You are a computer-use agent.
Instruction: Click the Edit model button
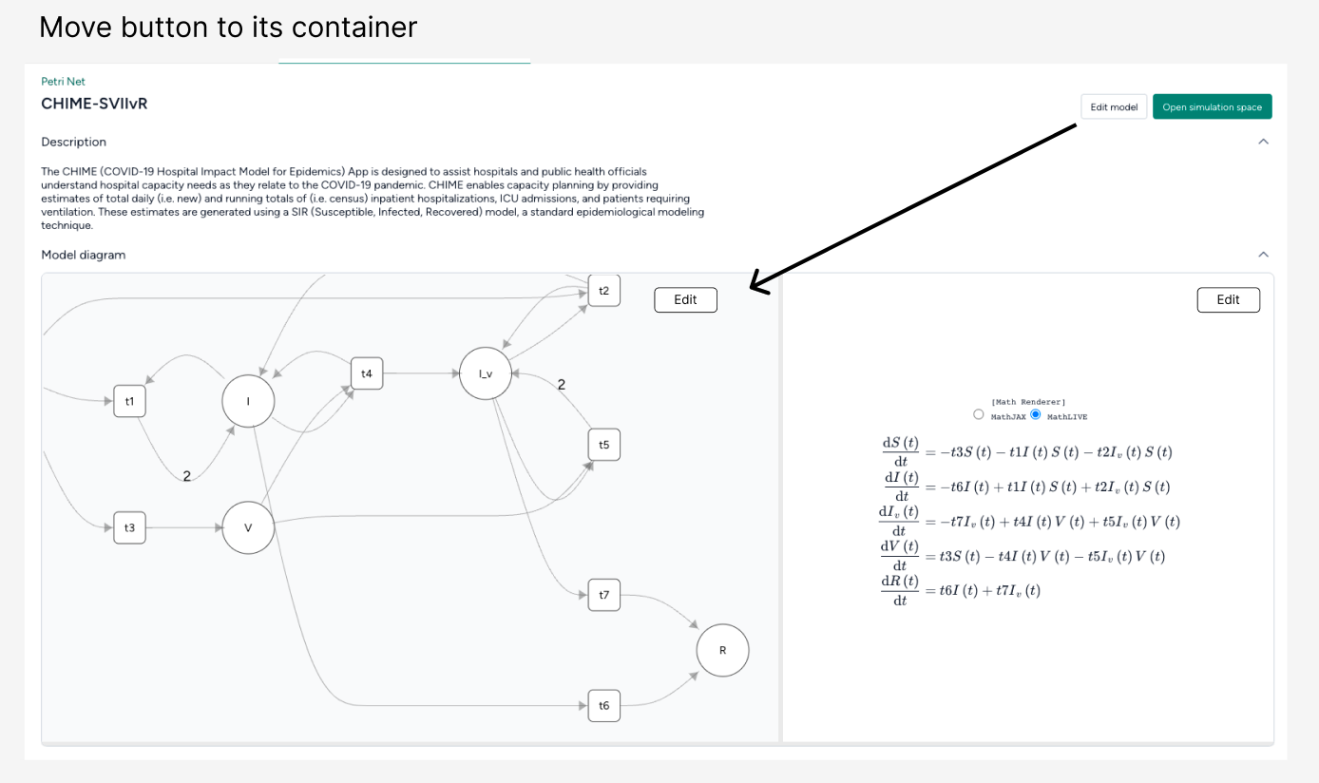click(1114, 106)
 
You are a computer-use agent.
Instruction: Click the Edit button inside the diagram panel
click(685, 299)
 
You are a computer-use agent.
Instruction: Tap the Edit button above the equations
click(1228, 299)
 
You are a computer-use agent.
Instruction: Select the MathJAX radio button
click(979, 414)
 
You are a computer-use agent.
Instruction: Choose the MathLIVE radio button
click(1036, 414)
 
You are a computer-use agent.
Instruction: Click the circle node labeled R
click(722, 651)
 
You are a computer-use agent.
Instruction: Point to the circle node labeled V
click(248, 527)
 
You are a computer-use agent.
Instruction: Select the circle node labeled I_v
click(486, 373)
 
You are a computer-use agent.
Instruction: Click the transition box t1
click(129, 401)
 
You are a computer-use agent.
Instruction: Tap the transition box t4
click(367, 374)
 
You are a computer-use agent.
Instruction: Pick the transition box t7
click(603, 595)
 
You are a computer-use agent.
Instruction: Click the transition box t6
click(603, 705)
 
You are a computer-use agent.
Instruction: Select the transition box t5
click(603, 445)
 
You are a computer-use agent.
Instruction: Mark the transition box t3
click(129, 527)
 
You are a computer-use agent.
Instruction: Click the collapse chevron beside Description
click(1263, 142)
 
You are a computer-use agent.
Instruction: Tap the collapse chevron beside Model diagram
click(1263, 255)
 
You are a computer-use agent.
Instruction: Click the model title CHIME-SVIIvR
click(94, 104)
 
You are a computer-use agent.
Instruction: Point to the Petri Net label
click(63, 82)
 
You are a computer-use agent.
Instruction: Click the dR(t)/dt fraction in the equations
click(899, 590)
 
